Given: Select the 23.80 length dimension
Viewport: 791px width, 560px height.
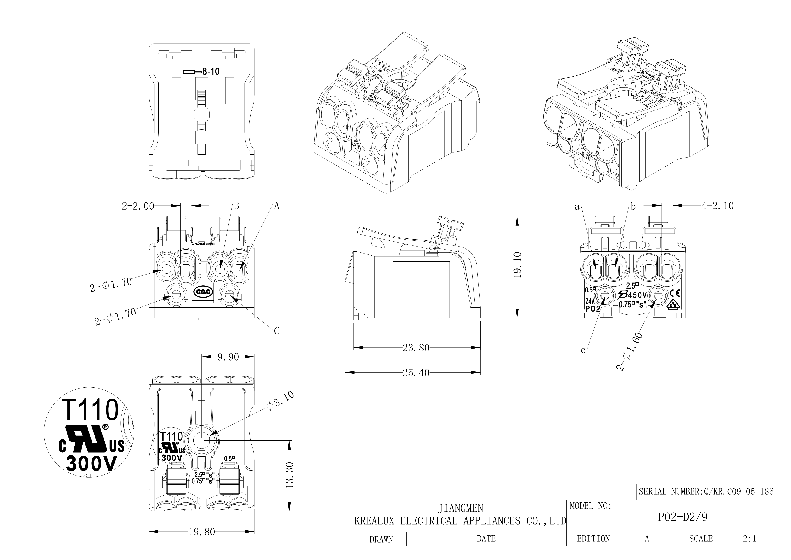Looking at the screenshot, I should tap(416, 348).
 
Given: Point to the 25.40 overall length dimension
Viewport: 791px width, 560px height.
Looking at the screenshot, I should tap(416, 373).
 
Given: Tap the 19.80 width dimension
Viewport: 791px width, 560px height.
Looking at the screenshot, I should tap(202, 532).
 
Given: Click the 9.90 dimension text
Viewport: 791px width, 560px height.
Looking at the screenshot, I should tap(228, 357).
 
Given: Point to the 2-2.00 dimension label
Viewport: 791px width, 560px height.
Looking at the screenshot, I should tap(138, 206).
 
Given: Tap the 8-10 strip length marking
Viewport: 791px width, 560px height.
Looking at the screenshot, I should tap(210, 72).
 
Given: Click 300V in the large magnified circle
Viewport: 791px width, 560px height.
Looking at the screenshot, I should tap(92, 464).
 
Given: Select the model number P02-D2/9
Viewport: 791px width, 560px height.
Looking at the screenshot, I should tap(683, 518).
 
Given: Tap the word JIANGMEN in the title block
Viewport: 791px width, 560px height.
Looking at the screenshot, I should tap(460, 508).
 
